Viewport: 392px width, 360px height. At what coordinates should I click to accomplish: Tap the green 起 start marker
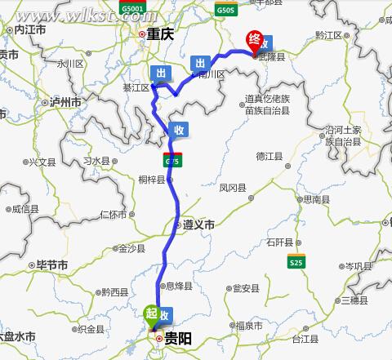tap(151, 313)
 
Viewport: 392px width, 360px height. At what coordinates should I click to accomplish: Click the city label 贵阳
tap(178, 338)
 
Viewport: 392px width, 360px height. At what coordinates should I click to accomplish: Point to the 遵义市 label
tap(198, 224)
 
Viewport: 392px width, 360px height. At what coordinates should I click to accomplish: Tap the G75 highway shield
tap(172, 161)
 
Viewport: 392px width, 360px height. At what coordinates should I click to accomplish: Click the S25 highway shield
tap(296, 261)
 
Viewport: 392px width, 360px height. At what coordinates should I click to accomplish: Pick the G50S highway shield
tap(226, 9)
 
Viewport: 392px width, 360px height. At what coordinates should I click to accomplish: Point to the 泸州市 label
tap(65, 103)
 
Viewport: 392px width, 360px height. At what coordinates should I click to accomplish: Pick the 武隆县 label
tap(272, 57)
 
